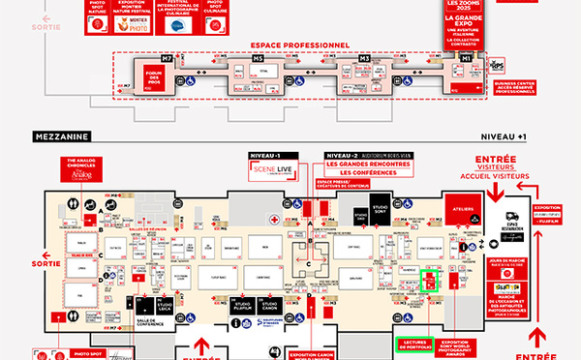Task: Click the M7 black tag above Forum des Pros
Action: (x=168, y=60)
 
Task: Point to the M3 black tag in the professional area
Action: (x=365, y=60)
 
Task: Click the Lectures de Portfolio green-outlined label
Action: (x=415, y=343)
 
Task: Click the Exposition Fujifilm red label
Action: (x=546, y=213)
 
